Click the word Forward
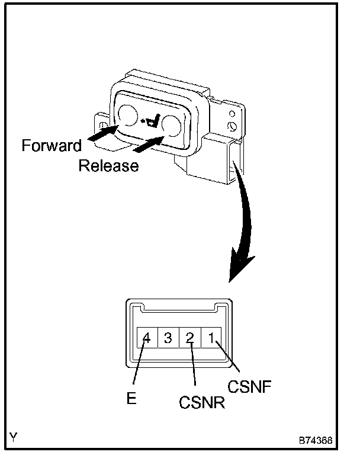[52, 145]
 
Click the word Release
[108, 166]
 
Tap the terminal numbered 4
[147, 338]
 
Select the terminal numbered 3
[168, 338]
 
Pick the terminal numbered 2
[189, 338]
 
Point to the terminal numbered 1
[211, 338]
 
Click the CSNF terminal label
[249, 386]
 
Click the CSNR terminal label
[202, 402]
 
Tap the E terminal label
[131, 398]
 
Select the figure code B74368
[316, 441]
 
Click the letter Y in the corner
[14, 437]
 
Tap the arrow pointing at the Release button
[149, 144]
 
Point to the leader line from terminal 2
[192, 363]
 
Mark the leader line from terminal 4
[139, 362]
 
